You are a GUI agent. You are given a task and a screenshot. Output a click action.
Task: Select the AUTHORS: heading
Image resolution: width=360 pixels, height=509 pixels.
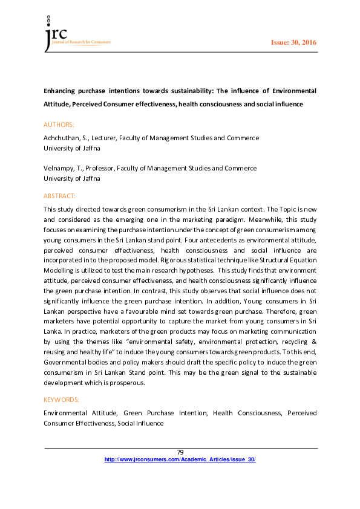point(59,125)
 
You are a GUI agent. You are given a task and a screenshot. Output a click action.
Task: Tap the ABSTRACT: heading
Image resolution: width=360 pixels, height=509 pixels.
point(59,196)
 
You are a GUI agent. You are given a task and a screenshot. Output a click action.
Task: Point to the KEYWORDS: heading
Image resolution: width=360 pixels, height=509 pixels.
point(61,400)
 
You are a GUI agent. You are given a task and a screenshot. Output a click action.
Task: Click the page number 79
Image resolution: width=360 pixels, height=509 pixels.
point(180,452)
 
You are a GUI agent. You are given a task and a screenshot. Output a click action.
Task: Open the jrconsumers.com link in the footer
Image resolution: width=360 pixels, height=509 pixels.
point(180,459)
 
